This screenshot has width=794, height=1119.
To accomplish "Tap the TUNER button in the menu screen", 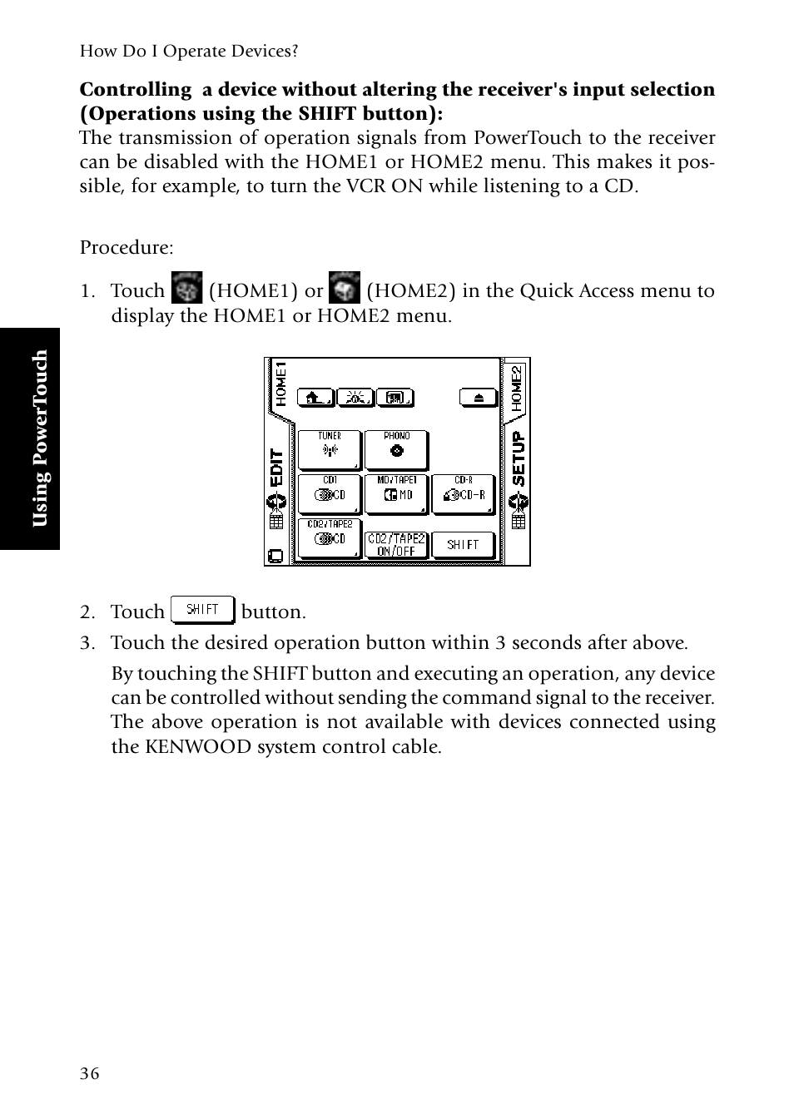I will (x=330, y=450).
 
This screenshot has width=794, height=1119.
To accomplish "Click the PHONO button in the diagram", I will (x=397, y=450).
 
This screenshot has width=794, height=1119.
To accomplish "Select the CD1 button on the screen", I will (x=330, y=494).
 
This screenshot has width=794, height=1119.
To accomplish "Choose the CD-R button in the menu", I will (x=464, y=494).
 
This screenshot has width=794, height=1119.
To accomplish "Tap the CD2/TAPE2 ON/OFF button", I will (x=397, y=545).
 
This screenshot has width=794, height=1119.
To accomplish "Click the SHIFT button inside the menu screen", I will (x=464, y=545).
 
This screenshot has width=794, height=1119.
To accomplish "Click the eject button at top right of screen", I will (x=479, y=398).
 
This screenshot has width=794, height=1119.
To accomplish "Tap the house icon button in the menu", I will (x=315, y=398).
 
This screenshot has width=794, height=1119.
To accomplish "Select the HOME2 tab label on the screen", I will (x=517, y=389).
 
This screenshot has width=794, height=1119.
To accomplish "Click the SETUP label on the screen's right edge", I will (x=519, y=458).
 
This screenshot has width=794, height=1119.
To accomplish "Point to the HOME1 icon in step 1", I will (x=186, y=288).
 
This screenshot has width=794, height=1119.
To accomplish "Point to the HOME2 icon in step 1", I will (x=345, y=288).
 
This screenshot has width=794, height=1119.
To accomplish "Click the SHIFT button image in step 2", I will (x=202, y=610).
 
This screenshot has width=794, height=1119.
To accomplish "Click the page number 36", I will (x=89, y=1073).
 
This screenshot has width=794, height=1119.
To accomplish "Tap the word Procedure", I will (x=127, y=248).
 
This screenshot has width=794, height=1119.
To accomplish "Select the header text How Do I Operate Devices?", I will (x=189, y=52).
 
